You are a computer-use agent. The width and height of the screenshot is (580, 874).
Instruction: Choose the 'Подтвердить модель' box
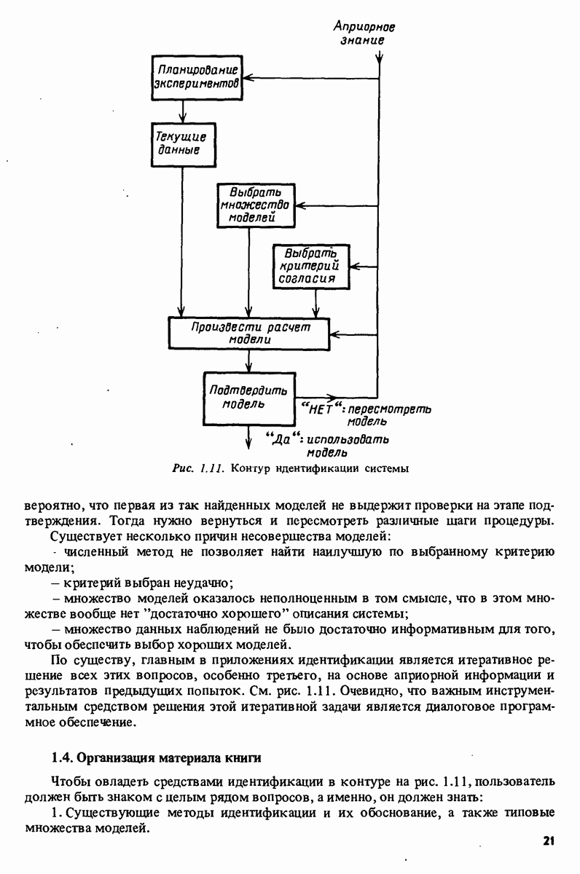click(x=248, y=396)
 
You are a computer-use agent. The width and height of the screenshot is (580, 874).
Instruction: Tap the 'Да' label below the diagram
click(x=281, y=438)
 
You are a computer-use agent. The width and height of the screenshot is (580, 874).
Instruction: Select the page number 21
click(x=549, y=840)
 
